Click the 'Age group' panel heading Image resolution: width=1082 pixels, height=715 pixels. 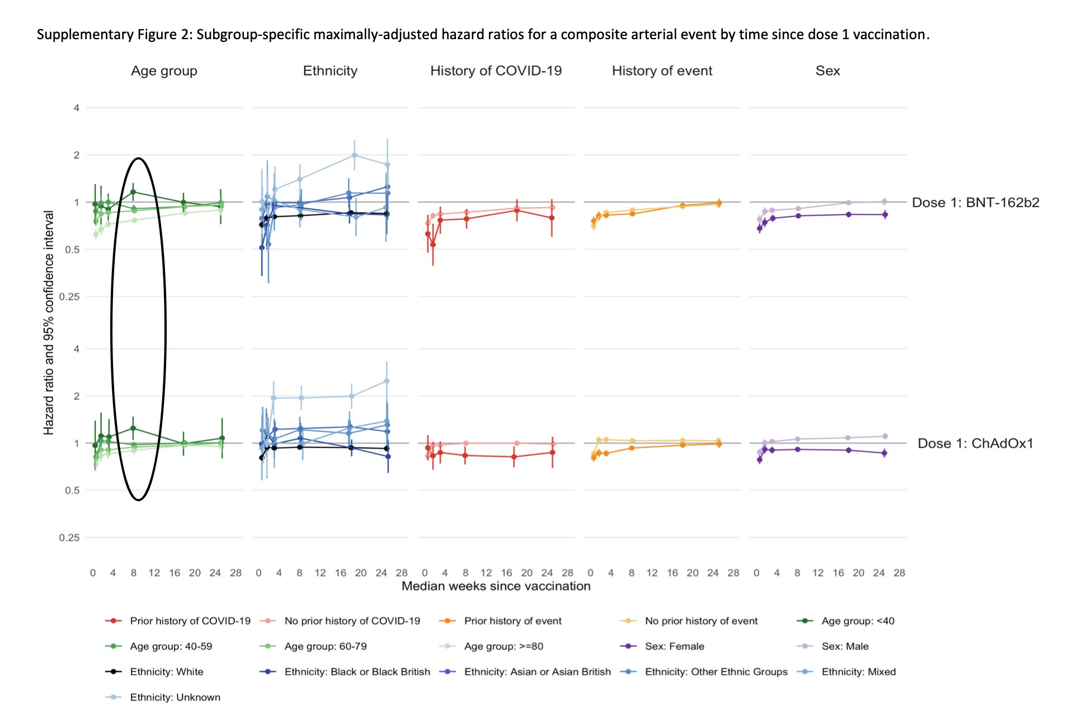pos(164,71)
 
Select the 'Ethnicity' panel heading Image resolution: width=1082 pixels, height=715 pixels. pos(330,71)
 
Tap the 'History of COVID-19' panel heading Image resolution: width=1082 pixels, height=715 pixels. pos(496,71)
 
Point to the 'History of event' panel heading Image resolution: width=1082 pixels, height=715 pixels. pos(662,71)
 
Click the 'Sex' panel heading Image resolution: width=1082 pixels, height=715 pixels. pos(827,71)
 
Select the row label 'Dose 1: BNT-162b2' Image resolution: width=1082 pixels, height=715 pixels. pos(975,203)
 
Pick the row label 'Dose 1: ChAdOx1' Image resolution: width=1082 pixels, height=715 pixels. pos(975,444)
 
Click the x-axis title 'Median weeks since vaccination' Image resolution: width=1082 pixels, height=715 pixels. pos(496,586)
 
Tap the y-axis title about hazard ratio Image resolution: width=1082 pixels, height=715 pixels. pos(49,323)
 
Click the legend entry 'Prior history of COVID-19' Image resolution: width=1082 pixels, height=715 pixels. pos(190,621)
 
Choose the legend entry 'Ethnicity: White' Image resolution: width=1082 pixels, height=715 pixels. pos(166,672)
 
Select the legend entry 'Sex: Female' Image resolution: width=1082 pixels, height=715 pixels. pos(674,646)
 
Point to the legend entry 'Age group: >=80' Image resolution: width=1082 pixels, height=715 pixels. pos(503,646)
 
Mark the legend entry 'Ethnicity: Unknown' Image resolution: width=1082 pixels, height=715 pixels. pos(175,697)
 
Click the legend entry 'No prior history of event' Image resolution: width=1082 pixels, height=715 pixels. pos(700,621)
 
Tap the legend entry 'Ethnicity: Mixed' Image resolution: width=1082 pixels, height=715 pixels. pos(858,672)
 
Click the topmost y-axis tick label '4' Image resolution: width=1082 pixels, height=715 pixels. pos(77,108)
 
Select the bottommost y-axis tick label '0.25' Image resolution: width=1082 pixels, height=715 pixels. pos(69,538)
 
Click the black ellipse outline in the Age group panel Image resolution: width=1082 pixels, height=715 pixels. pos(111,329)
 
